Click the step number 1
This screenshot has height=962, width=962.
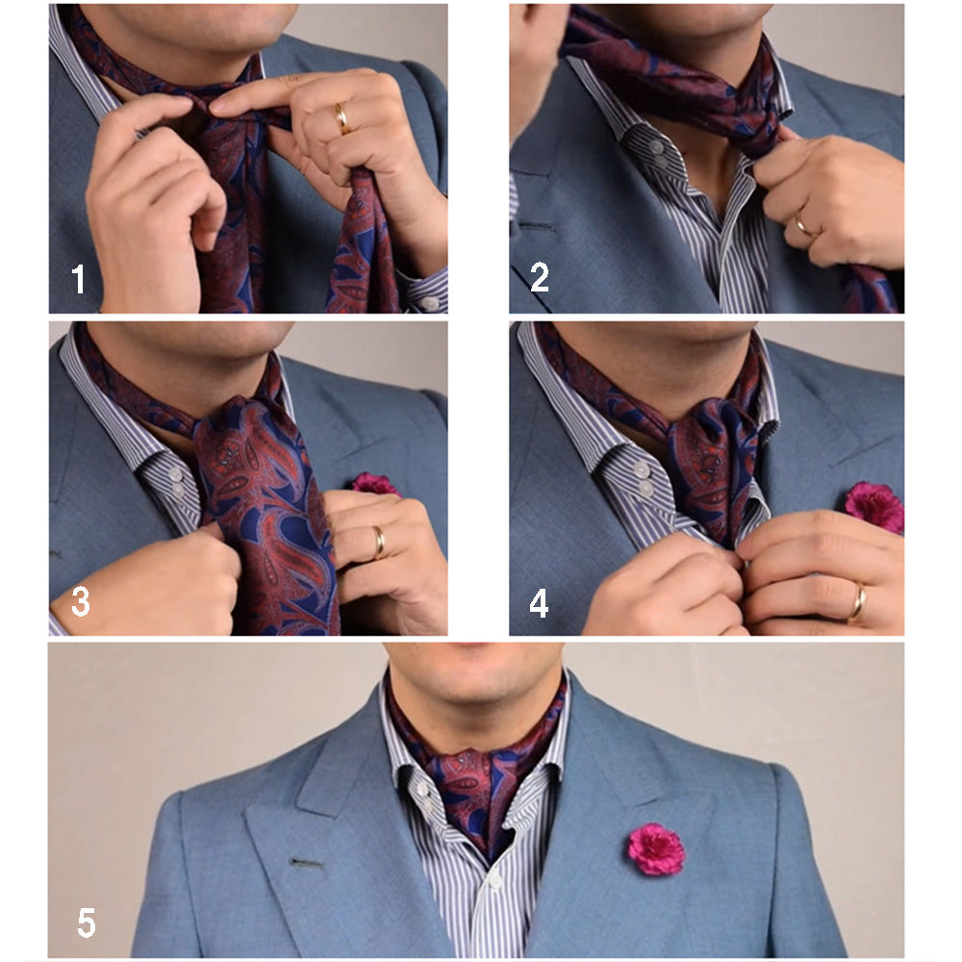coord(78,279)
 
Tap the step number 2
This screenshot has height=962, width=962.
coord(540,277)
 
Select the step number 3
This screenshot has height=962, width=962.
coord(81,602)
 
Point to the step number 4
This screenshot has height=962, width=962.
coord(539,604)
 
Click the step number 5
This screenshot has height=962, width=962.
coord(87,924)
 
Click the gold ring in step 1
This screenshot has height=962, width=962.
coord(342,118)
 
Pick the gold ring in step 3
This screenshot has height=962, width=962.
coord(380,543)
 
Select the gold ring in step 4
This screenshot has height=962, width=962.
coord(857,602)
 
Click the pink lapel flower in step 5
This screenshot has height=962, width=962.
coord(656,848)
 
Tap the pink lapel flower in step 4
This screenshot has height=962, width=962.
coord(874,507)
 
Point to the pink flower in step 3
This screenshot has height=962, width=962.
coord(375,484)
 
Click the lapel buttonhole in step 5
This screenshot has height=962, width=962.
coord(306,865)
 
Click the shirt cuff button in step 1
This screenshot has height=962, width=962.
coord(429,303)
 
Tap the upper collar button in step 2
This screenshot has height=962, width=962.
coord(656,147)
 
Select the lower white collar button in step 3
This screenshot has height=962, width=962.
coord(178,491)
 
